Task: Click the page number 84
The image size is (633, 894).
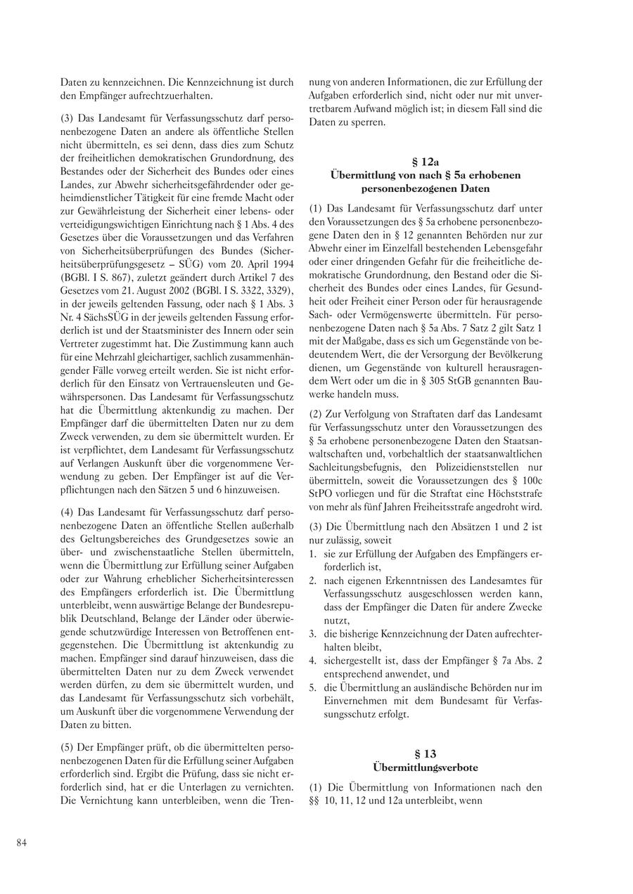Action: pos(22,843)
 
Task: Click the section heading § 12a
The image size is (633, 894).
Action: pos(426,162)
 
